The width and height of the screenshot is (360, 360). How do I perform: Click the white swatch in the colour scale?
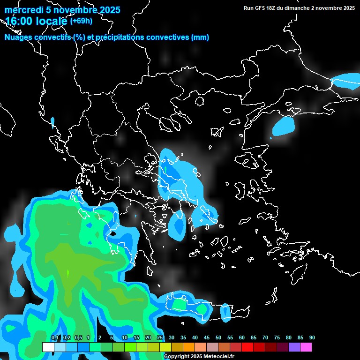[48, 347]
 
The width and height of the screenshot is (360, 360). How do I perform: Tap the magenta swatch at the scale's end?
[306, 347]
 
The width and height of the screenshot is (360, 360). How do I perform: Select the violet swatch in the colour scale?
[294, 347]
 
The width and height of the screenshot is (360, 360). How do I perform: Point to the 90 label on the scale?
[312, 337]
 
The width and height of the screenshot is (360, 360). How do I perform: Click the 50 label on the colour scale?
[218, 337]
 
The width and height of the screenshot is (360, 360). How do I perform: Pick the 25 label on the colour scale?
[160, 337]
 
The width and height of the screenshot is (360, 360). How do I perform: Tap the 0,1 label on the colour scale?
[55, 337]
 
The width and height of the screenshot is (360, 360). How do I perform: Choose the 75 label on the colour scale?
[277, 337]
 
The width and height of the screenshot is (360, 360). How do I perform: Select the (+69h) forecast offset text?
[81, 21]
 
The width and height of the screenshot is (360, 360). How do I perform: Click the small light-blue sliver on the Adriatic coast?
[52, 123]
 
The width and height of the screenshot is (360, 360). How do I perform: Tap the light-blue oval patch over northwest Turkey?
[284, 126]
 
